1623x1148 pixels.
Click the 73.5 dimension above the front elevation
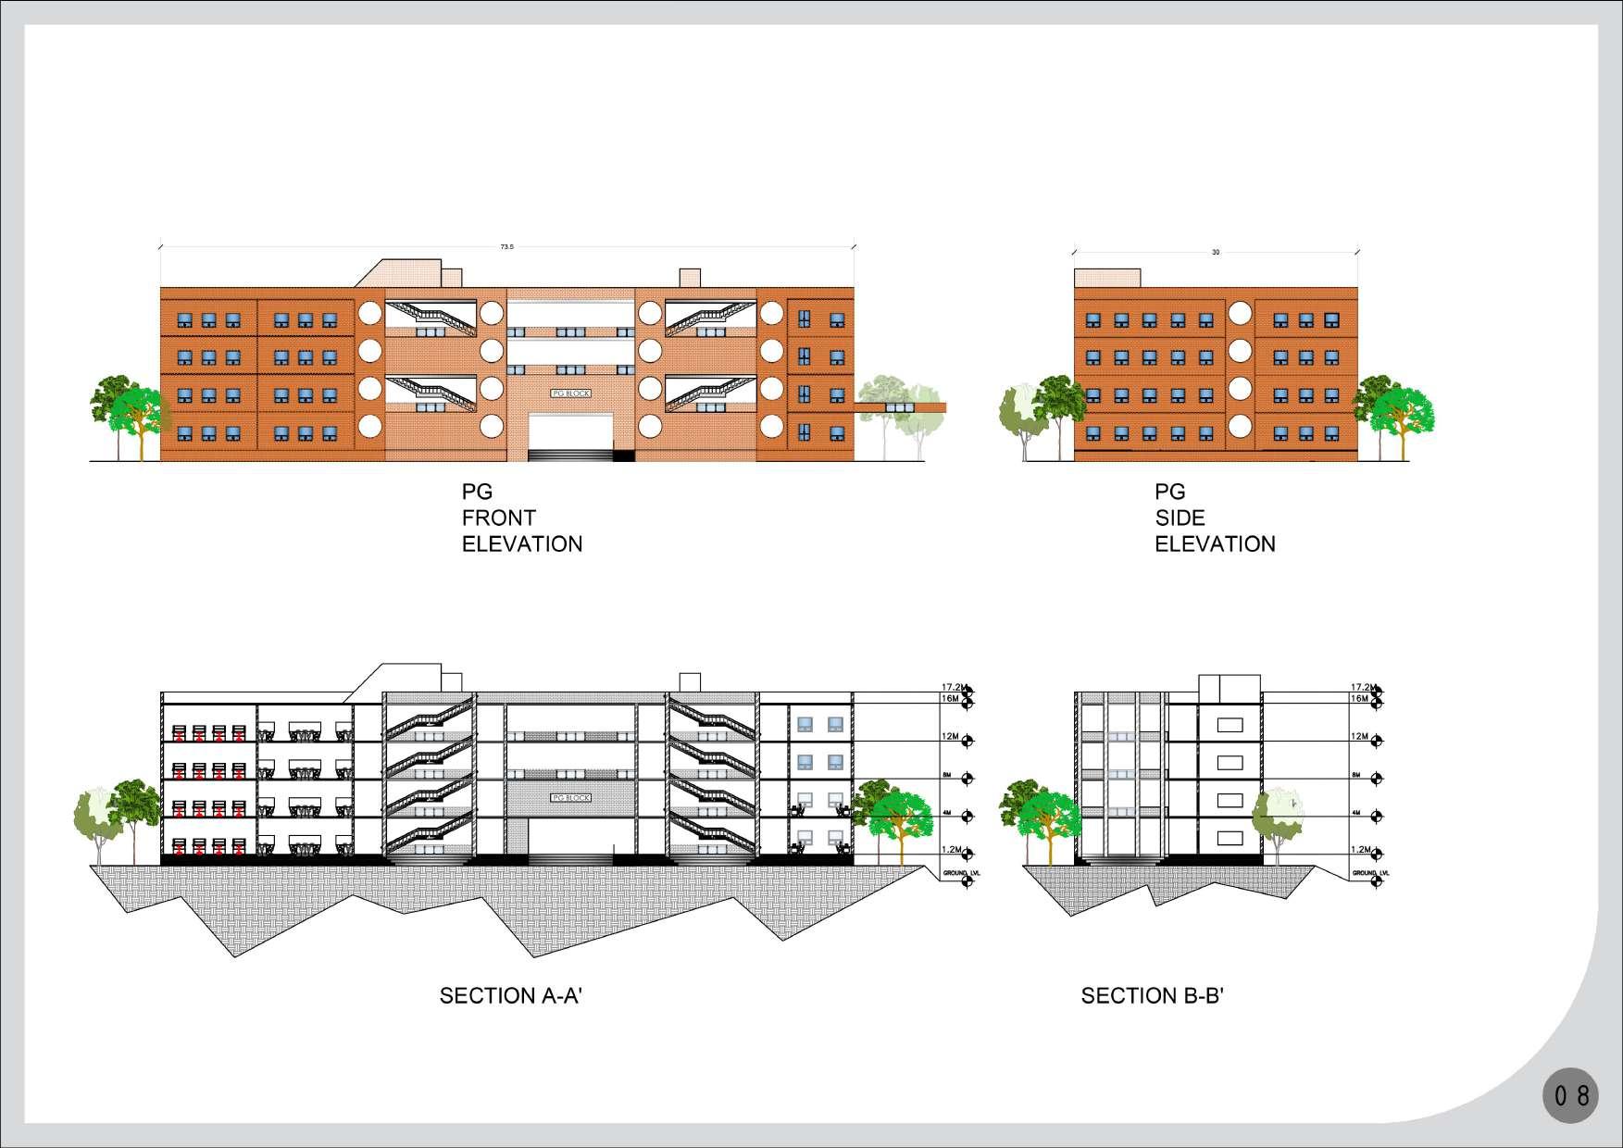tap(506, 247)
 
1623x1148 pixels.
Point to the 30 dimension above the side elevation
tap(1216, 252)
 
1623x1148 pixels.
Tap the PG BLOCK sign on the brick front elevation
tap(570, 393)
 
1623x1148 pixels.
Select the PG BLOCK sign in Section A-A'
tap(570, 797)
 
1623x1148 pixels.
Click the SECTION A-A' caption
tap(510, 996)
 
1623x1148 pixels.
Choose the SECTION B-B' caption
tap(1153, 996)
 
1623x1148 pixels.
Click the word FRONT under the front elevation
tap(498, 518)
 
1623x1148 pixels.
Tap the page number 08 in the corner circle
tap(1571, 1096)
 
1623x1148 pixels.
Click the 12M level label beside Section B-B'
tap(1359, 736)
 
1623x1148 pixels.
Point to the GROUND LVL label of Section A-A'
tap(958, 873)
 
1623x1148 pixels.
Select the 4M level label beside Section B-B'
tap(1357, 813)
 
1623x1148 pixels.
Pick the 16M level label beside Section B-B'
tap(1359, 699)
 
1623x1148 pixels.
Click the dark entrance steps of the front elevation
tap(570, 455)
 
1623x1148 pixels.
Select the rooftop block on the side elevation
tap(1107, 278)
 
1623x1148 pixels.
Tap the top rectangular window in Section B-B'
tap(1230, 725)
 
